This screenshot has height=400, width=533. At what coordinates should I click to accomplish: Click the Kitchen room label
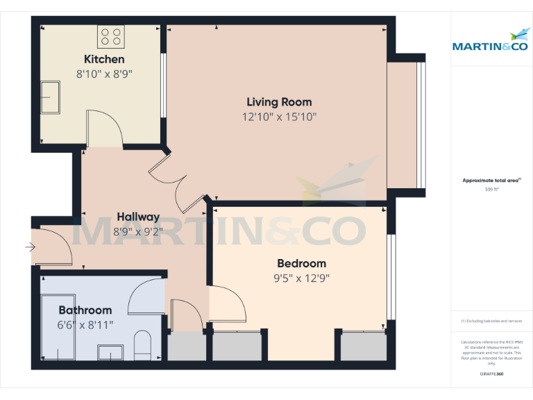(x=104, y=59)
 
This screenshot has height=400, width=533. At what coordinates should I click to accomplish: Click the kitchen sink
(x=51, y=96)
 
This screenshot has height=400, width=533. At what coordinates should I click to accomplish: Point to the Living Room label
(x=279, y=102)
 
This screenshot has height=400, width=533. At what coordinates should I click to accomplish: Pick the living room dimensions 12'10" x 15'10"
(x=279, y=117)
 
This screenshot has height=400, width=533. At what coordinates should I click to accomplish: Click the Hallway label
(x=138, y=217)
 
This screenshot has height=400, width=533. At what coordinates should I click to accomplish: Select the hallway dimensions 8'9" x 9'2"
(x=138, y=231)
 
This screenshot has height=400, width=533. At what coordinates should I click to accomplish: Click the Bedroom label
(x=301, y=263)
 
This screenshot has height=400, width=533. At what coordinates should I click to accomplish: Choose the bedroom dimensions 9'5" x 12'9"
(x=301, y=278)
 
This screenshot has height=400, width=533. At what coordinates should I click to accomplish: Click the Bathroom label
(x=85, y=310)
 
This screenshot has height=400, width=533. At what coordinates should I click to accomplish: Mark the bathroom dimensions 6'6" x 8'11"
(x=85, y=324)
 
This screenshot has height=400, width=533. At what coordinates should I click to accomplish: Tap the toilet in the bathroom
(x=142, y=345)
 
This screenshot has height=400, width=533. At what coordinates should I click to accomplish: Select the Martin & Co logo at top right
(x=491, y=42)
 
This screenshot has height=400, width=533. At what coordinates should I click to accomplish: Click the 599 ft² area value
(x=491, y=189)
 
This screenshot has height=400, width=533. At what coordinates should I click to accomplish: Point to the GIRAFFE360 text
(x=491, y=374)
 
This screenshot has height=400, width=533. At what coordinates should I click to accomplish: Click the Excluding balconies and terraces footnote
(x=491, y=321)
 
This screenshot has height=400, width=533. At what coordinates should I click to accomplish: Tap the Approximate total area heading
(x=491, y=181)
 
